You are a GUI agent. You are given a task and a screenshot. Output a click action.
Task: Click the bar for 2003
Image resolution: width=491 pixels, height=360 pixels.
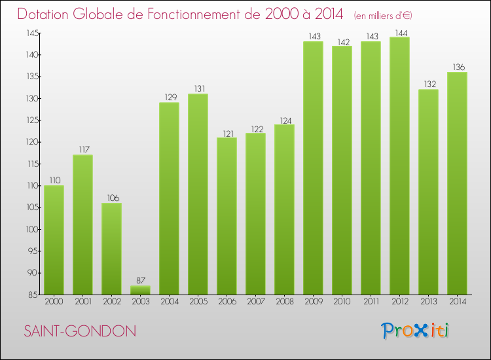pos(140,290)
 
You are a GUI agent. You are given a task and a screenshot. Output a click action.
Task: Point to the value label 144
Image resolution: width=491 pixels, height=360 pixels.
pos(399,32)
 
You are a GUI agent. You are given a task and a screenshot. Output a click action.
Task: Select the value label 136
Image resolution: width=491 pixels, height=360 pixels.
pos(457,67)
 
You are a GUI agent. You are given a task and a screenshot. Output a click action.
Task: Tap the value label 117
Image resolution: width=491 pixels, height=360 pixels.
pos(82,150)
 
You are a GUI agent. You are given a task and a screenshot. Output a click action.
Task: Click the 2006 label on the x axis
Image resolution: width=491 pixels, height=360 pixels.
pos(227,301)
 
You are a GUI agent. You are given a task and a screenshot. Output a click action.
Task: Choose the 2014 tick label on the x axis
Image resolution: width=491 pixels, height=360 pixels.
pos(457,301)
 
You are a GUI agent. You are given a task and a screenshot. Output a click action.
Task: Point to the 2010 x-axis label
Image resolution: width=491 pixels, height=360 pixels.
pos(342,301)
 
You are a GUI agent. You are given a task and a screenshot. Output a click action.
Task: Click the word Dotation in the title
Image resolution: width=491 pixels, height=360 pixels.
pos(46,14)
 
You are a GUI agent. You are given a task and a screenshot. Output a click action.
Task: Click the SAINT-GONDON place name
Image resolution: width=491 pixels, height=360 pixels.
pos(80,331)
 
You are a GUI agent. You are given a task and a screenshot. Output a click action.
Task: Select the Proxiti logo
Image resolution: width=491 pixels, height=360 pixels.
pos(416,330)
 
